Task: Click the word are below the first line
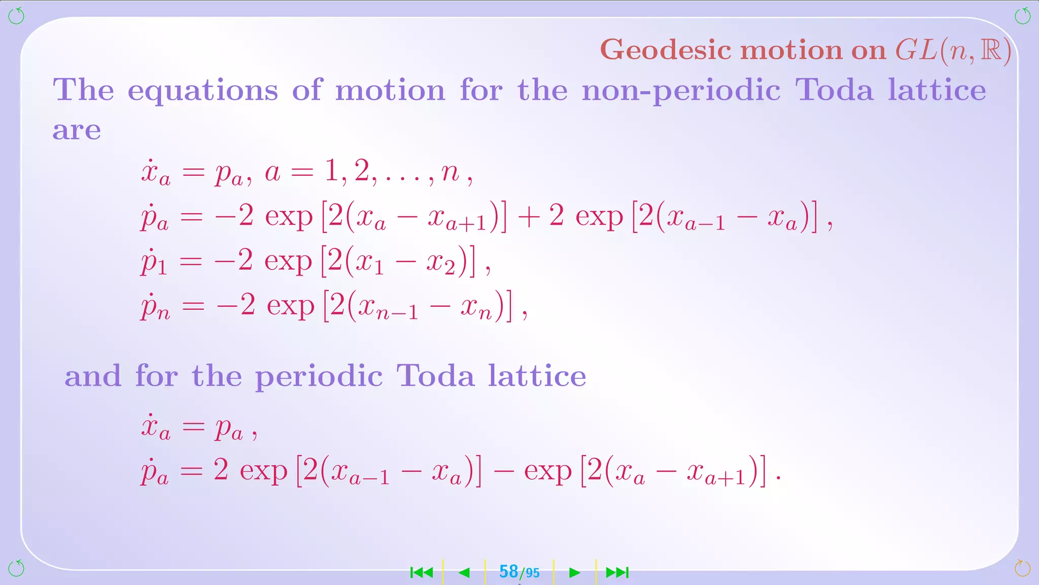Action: tap(77, 131)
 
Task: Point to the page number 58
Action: tap(508, 572)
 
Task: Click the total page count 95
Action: tap(532, 573)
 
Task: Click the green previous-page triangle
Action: tap(464, 573)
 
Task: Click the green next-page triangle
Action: tap(574, 573)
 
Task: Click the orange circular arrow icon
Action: tap(1022, 568)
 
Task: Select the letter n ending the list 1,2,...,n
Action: tap(450, 172)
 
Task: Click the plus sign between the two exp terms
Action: tap(529, 216)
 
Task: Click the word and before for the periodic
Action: tap(93, 376)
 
